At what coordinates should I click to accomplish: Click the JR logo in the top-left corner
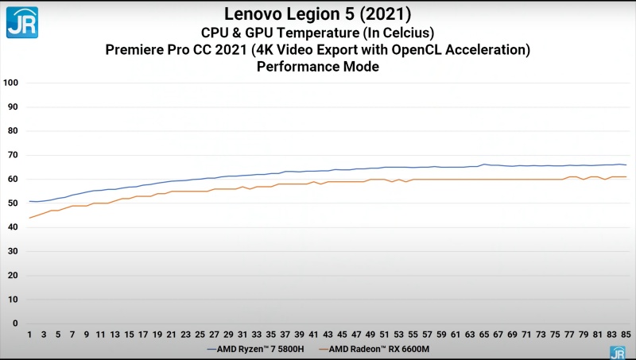pyautogui.click(x=21, y=22)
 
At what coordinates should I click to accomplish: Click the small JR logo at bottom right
pyautogui.click(x=617, y=352)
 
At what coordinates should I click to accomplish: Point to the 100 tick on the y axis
pyautogui.click(x=10, y=83)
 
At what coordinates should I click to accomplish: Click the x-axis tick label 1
pyautogui.click(x=29, y=335)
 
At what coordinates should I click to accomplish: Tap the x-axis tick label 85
pyautogui.click(x=626, y=335)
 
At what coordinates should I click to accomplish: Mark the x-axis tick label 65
pyautogui.click(x=483, y=335)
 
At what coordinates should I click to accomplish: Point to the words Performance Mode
pyautogui.click(x=318, y=68)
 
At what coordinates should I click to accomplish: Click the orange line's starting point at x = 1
pyautogui.click(x=29, y=218)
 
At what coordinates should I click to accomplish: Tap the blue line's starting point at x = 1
pyautogui.click(x=29, y=201)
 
